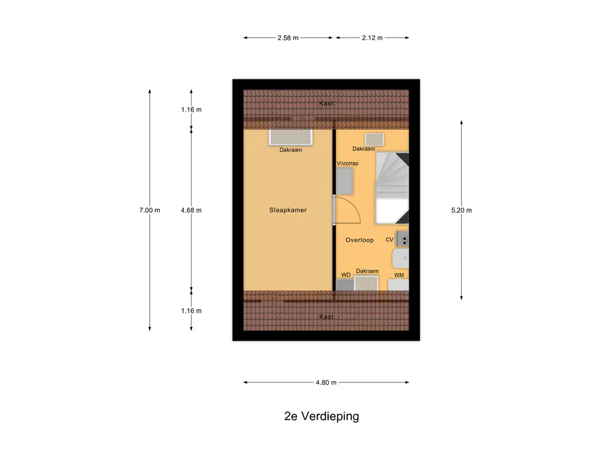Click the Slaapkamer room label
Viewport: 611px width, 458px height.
tap(288, 210)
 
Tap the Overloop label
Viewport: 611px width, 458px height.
tap(359, 240)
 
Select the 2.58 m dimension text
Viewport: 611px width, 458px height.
tap(288, 38)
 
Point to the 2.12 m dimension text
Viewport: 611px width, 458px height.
tap(372, 38)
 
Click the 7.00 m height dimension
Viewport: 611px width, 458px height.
tap(150, 210)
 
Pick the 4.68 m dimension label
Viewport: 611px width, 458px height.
tap(192, 210)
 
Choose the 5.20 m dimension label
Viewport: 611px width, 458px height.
tap(461, 210)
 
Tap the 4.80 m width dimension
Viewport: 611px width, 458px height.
tap(326, 382)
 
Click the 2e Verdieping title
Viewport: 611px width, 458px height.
tap(322, 416)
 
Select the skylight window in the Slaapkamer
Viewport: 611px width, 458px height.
tap(291, 138)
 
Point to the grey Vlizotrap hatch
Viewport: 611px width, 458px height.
tap(344, 181)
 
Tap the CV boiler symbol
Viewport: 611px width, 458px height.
tap(403, 239)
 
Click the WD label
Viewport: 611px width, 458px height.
tap(345, 274)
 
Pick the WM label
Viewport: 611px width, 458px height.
tap(399, 275)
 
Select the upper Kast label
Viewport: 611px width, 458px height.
tap(326, 103)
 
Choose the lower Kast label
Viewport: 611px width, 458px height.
tap(326, 317)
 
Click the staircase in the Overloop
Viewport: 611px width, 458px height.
tap(392, 188)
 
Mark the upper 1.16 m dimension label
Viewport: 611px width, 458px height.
tap(192, 110)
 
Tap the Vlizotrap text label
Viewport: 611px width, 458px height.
tap(348, 163)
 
